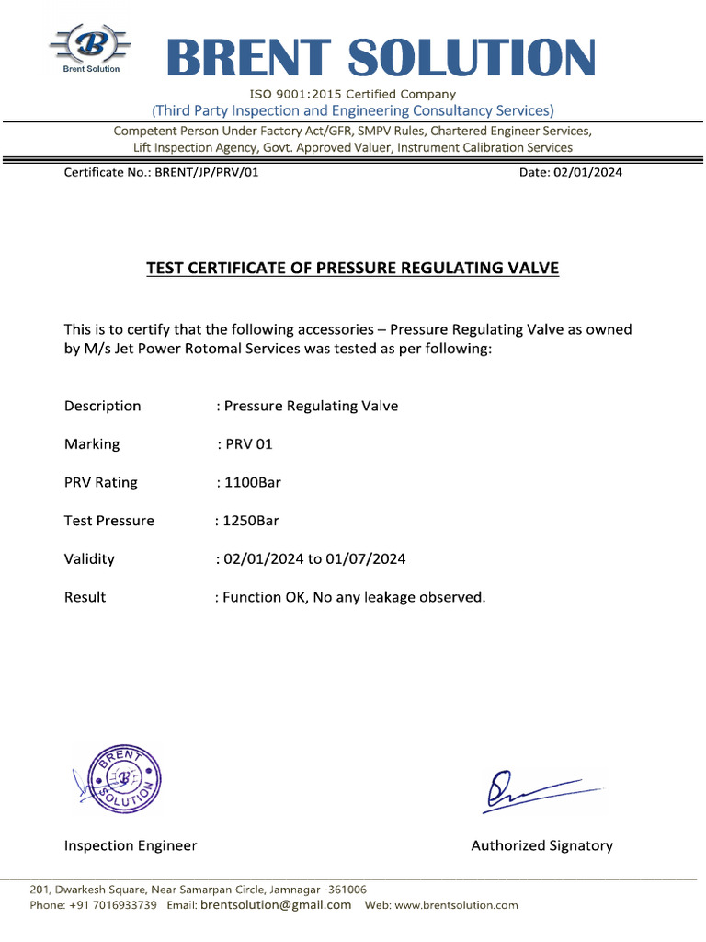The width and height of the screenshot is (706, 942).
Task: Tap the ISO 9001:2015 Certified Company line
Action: click(352, 94)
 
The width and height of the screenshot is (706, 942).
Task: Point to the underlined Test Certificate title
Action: click(352, 269)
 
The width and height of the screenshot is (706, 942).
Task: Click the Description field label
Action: click(102, 406)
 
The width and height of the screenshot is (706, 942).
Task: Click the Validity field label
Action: click(89, 558)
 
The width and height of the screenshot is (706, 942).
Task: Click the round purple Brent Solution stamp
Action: click(120, 779)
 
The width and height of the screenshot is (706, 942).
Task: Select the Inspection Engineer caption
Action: click(130, 845)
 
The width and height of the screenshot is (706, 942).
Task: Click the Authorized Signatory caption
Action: click(541, 845)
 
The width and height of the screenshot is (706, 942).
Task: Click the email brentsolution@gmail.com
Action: click(276, 905)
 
